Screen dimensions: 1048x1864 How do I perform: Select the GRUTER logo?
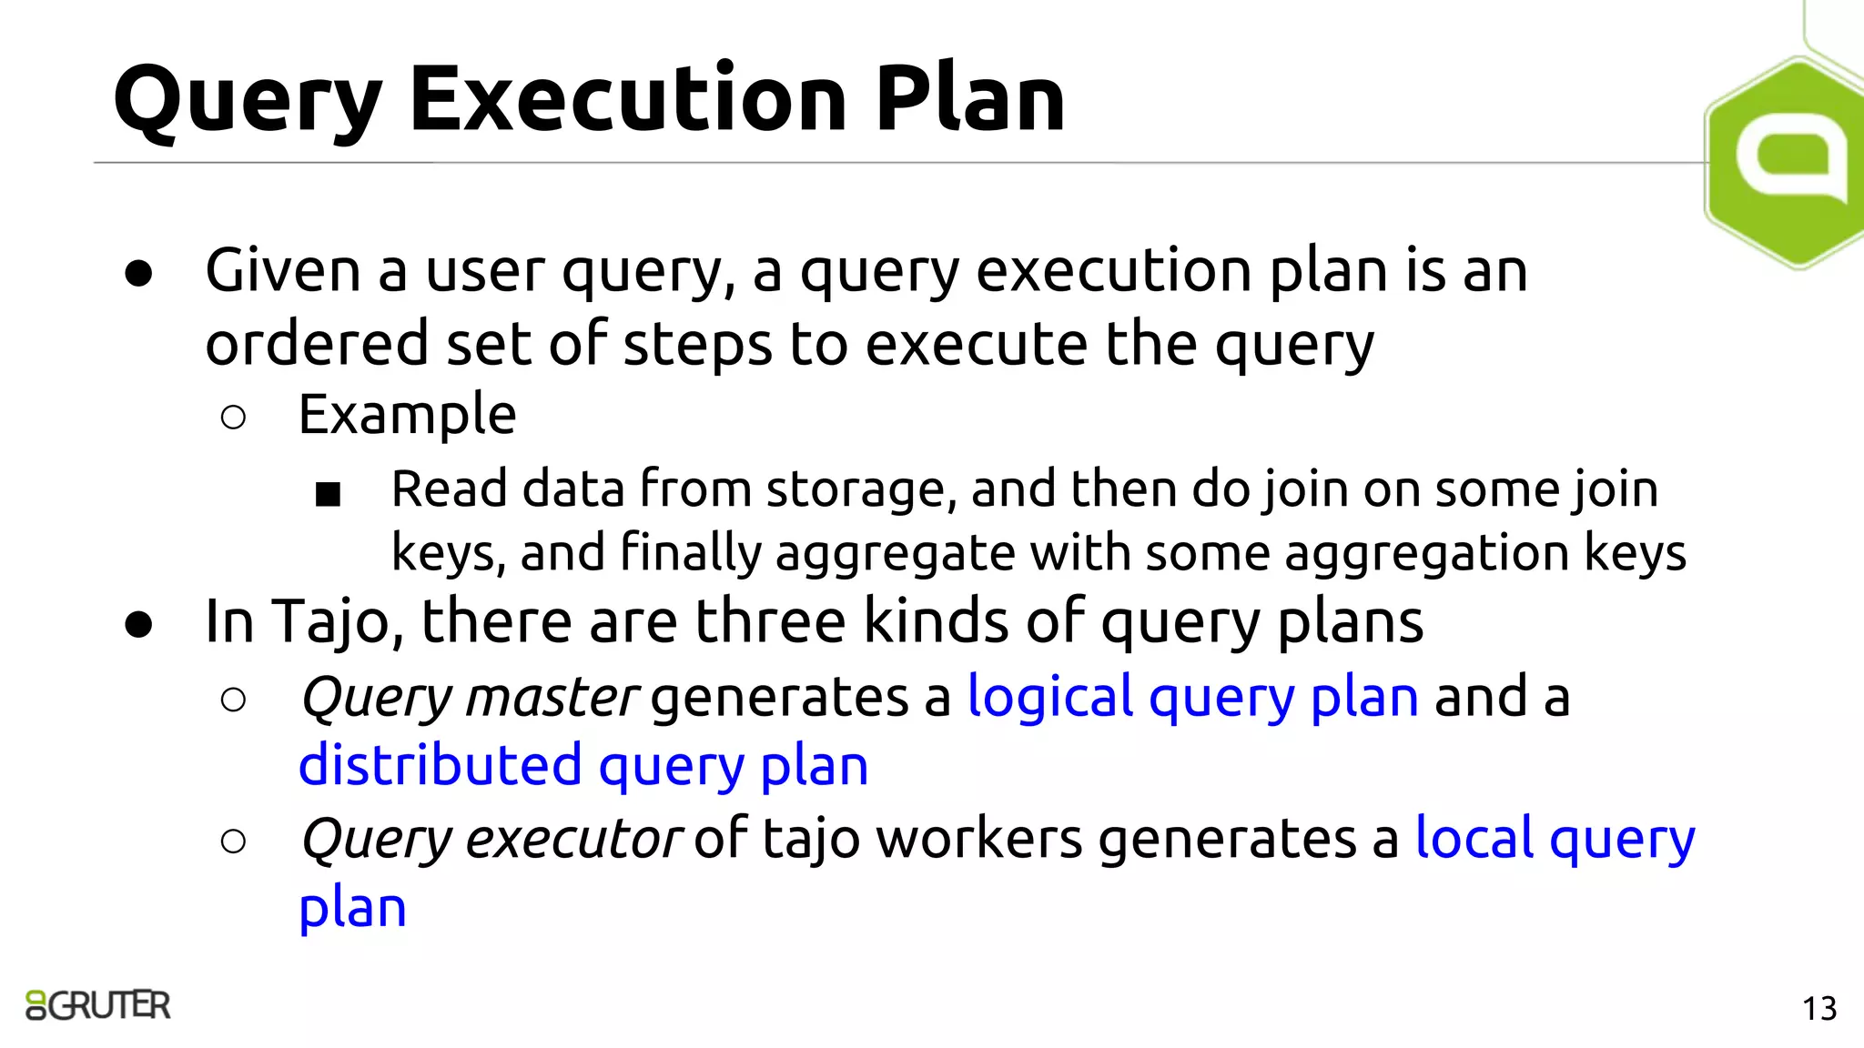(x=98, y=1005)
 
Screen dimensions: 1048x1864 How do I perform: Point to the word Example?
(x=407, y=416)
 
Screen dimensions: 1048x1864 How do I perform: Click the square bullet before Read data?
(x=328, y=494)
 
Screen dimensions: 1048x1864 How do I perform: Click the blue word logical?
(x=1049, y=698)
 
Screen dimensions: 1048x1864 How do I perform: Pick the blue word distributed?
(x=440, y=765)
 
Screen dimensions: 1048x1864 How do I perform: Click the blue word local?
(x=1474, y=838)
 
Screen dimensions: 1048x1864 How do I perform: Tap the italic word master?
(x=552, y=698)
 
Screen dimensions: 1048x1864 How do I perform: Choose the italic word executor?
(x=573, y=838)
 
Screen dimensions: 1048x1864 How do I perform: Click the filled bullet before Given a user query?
(x=139, y=273)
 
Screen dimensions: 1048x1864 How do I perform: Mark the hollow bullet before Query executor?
(x=233, y=841)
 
